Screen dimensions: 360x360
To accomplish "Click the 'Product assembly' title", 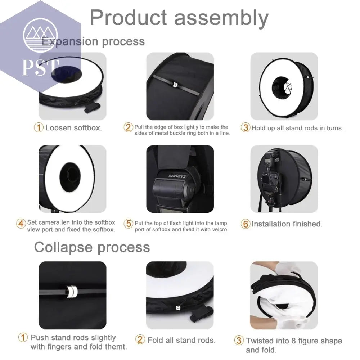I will coord(179,18).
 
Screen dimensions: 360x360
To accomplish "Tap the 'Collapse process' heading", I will coord(92,247).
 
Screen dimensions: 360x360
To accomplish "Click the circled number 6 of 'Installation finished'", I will coord(245,224).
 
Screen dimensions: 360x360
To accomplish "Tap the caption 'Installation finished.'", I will coord(287,224).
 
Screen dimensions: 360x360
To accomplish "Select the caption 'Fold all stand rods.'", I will coord(181,340).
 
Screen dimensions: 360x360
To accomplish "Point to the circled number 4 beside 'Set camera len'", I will coord(21,223).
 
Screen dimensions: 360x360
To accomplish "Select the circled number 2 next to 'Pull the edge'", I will coord(128,127).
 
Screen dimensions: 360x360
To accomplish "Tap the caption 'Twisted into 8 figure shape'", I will coord(294,341).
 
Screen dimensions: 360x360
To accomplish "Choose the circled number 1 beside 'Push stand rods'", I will coord(23,338).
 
